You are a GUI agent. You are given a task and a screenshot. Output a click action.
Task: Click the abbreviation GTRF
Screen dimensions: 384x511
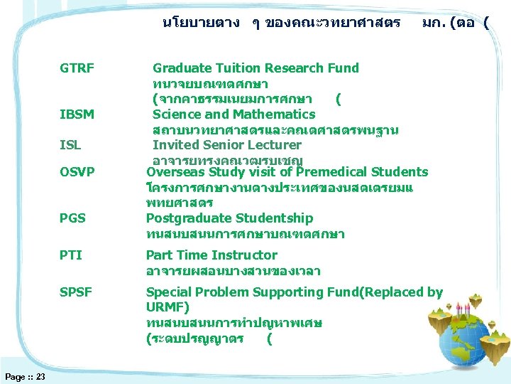[77, 68]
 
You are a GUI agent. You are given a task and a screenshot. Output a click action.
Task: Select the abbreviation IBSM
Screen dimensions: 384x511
[77, 114]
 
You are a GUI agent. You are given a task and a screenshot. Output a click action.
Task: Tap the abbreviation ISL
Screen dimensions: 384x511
[70, 145]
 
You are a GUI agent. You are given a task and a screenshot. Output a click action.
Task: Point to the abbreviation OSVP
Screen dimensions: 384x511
[77, 172]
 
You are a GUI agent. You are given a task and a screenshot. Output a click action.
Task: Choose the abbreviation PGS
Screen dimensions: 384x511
[72, 218]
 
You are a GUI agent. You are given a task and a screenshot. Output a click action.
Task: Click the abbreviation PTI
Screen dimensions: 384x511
[71, 255]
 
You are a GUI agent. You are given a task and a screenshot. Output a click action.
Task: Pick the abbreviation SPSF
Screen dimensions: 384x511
[76, 292]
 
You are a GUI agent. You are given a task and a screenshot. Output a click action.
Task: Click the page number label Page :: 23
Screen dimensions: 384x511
[25, 376]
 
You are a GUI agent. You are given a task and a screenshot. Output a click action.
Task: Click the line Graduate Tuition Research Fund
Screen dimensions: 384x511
[255, 68]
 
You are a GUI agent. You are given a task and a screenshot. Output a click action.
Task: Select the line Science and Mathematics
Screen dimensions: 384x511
[233, 114]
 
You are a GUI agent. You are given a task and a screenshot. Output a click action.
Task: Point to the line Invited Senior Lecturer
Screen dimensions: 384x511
[226, 145]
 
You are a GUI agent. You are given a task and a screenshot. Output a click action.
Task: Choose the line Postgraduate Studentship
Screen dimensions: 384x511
[229, 218]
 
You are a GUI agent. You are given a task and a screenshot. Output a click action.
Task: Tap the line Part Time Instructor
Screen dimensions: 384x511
[211, 255]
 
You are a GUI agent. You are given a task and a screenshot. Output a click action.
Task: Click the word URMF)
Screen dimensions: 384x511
[167, 307]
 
